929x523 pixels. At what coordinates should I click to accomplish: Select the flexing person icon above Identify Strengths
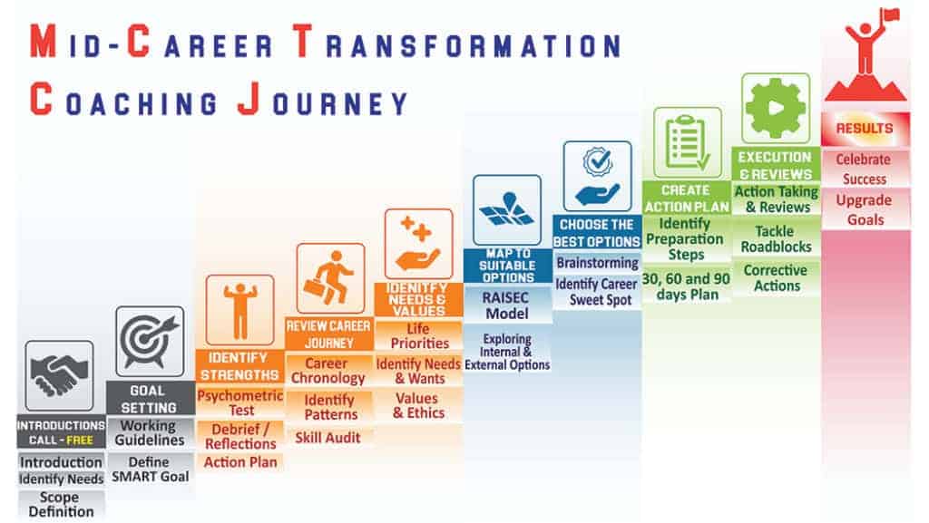pyautogui.click(x=240, y=310)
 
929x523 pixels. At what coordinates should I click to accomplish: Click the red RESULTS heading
pyautogui.click(x=864, y=129)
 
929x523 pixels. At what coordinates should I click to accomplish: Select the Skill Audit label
pyautogui.click(x=328, y=438)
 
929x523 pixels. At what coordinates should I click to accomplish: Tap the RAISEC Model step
pyautogui.click(x=506, y=305)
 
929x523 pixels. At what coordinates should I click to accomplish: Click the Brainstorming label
pyautogui.click(x=596, y=263)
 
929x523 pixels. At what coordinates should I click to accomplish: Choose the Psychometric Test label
pyautogui.click(x=240, y=403)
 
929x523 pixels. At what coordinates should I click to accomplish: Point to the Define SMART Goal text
pyautogui.click(x=150, y=469)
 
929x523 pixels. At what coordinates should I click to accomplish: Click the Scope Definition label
pyautogui.click(x=61, y=505)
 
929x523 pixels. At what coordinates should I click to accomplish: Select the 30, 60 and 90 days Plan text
pyautogui.click(x=686, y=286)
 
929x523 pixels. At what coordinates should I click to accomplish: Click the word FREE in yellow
pyautogui.click(x=87, y=441)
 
